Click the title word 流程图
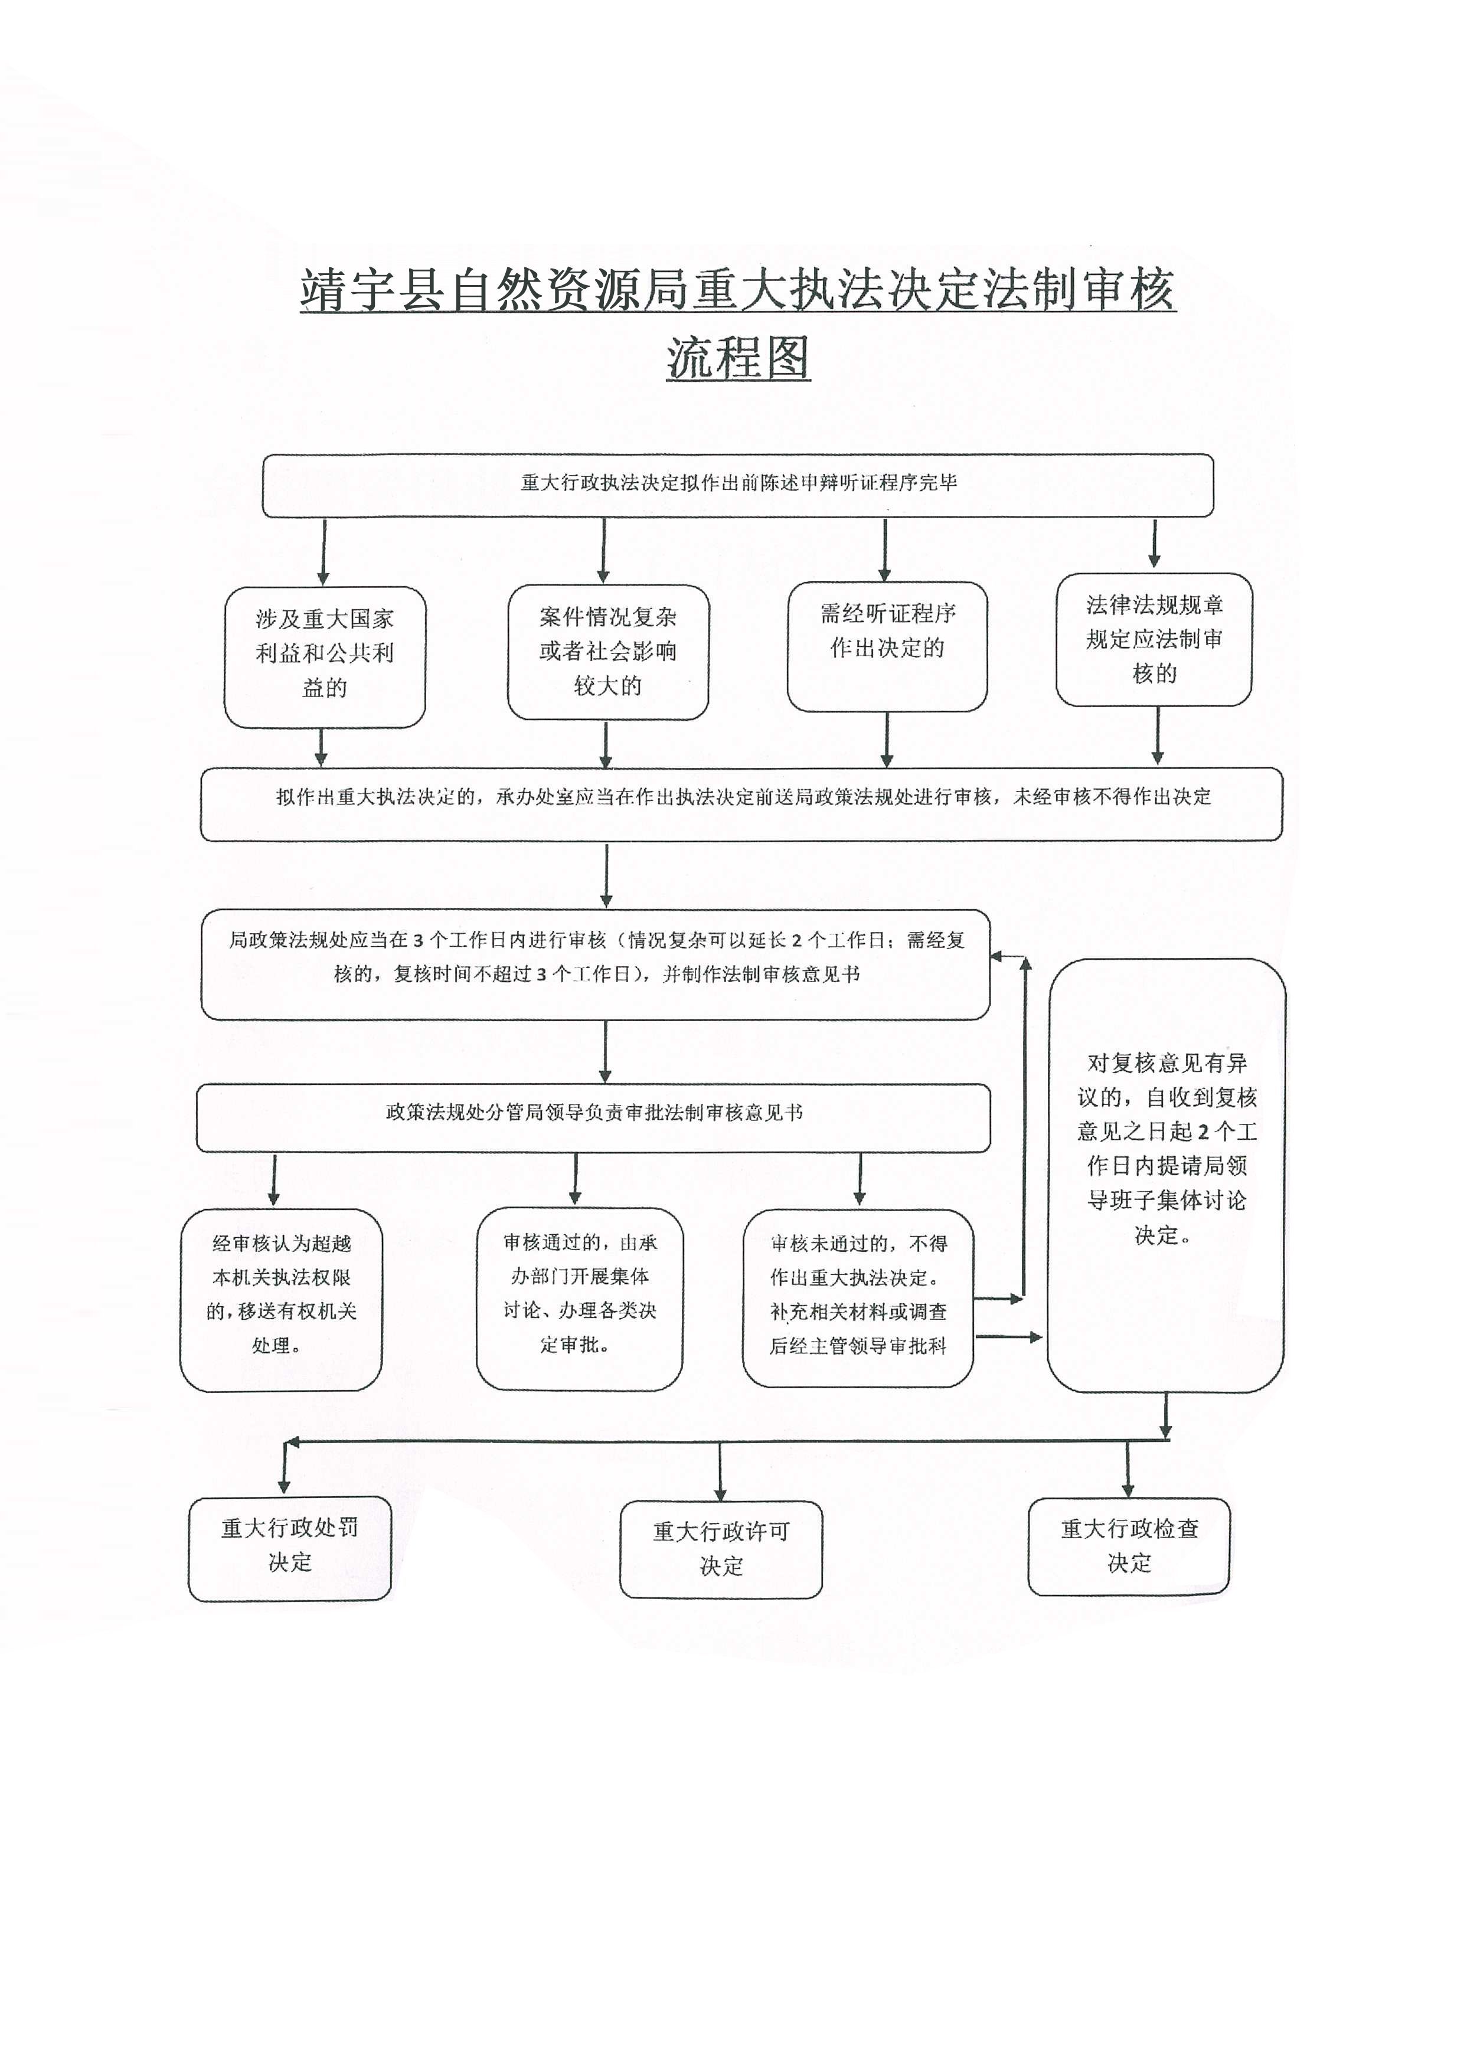(738, 358)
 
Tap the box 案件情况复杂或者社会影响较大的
(607, 652)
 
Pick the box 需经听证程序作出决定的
(887, 646)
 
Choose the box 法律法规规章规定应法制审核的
(1154, 639)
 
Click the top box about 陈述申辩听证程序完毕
(737, 484)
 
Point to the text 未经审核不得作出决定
(1112, 797)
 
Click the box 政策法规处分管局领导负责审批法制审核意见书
(593, 1116)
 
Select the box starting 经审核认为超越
(281, 1299)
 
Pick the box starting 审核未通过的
(857, 1299)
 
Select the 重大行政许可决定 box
(720, 1549)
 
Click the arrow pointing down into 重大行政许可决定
(720, 1471)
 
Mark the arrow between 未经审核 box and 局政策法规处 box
(606, 875)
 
